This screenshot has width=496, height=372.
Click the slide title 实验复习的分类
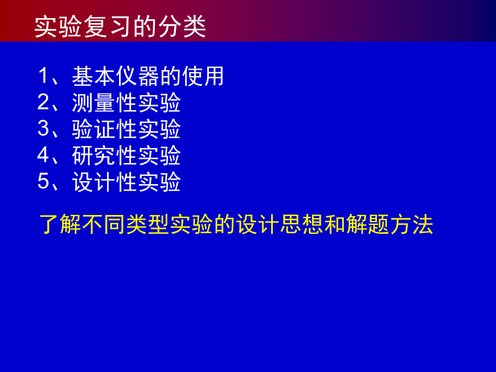(x=120, y=26)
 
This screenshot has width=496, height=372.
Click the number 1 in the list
(x=44, y=76)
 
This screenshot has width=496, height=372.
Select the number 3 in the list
(x=44, y=128)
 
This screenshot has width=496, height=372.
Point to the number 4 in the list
(x=44, y=155)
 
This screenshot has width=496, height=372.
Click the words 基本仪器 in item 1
(x=116, y=76)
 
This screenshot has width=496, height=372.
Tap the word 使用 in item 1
(x=203, y=76)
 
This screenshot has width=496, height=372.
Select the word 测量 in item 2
(x=93, y=103)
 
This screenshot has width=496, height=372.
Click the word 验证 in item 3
(x=93, y=129)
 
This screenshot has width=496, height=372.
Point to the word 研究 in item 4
(x=93, y=155)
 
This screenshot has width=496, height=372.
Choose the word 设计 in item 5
(x=93, y=182)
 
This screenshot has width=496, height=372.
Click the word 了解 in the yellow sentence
(x=60, y=224)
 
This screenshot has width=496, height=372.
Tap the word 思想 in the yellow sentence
(x=301, y=224)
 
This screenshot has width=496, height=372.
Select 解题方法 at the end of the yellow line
(x=390, y=224)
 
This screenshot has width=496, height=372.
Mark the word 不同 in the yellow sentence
(x=104, y=224)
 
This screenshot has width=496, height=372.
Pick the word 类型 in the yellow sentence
(x=148, y=224)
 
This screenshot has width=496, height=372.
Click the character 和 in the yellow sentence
(x=335, y=224)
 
